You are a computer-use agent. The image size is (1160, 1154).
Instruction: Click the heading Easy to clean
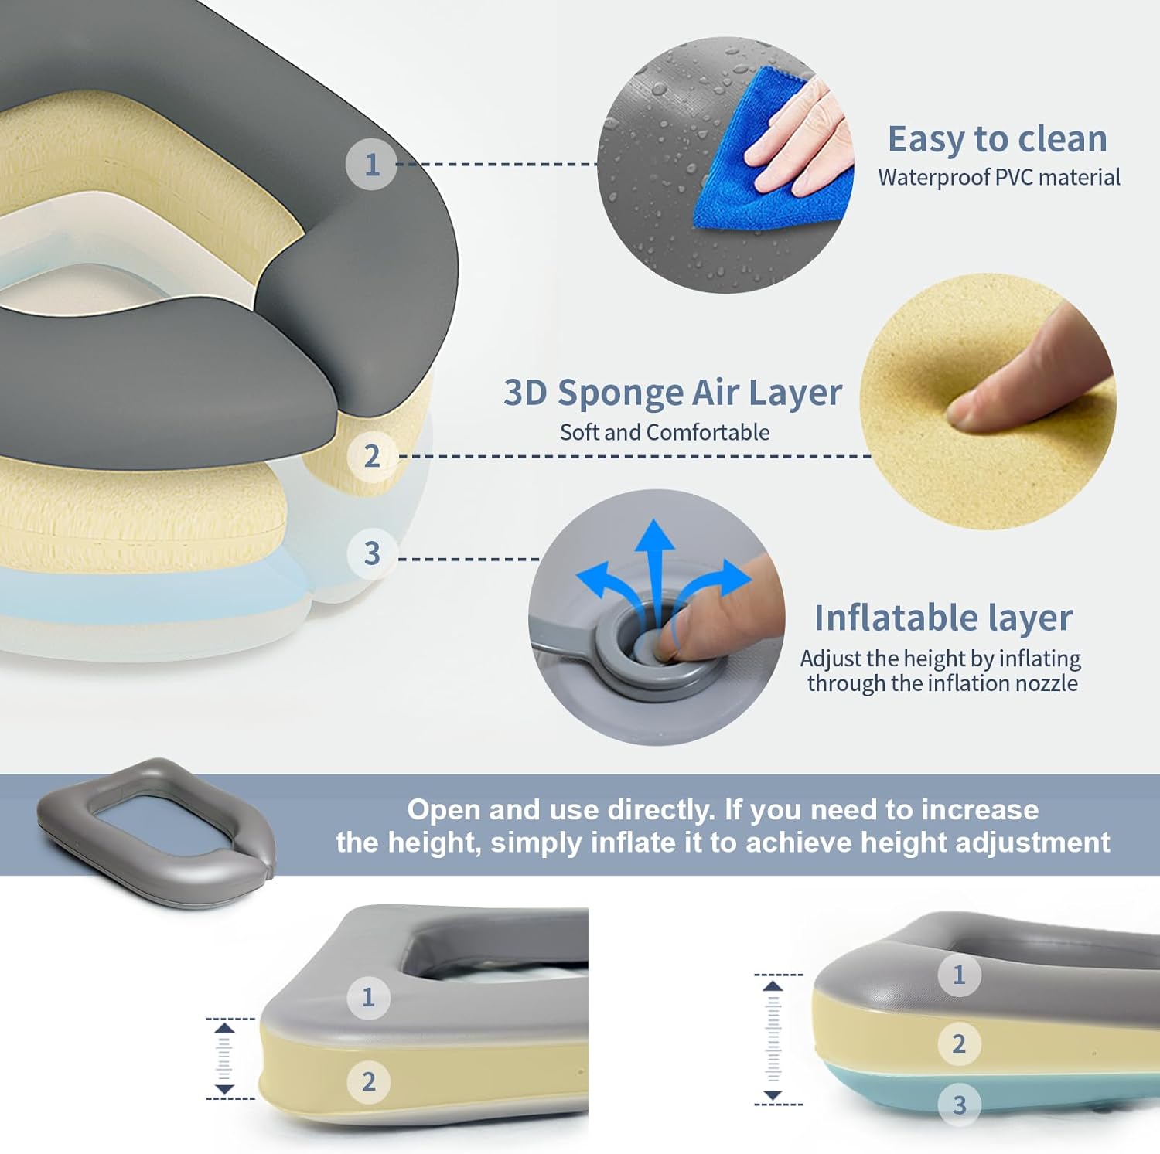coord(997,139)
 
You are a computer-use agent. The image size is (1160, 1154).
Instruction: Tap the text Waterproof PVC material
coord(998,178)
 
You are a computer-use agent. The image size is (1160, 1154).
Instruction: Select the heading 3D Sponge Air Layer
coord(672,393)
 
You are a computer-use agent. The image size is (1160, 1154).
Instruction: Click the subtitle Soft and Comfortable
coord(664,432)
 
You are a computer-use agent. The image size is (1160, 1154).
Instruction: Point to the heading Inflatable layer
coord(943,618)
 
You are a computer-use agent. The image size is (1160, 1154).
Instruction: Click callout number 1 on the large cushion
coord(371,164)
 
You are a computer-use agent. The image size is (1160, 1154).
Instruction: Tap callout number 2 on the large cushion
coord(372,456)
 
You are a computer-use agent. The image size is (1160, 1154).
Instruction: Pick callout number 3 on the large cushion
coord(372,553)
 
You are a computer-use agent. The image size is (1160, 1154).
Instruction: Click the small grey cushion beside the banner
coord(155,827)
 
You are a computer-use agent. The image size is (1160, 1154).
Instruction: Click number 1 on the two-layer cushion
coord(368,997)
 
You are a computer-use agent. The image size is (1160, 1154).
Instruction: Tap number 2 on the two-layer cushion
coord(368,1081)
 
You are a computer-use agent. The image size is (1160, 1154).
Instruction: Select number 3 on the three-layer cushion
coord(959,1105)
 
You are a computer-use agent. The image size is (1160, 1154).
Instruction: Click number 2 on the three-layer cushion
coord(959,1043)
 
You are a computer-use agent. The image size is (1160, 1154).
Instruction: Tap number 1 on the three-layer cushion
coord(959,975)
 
